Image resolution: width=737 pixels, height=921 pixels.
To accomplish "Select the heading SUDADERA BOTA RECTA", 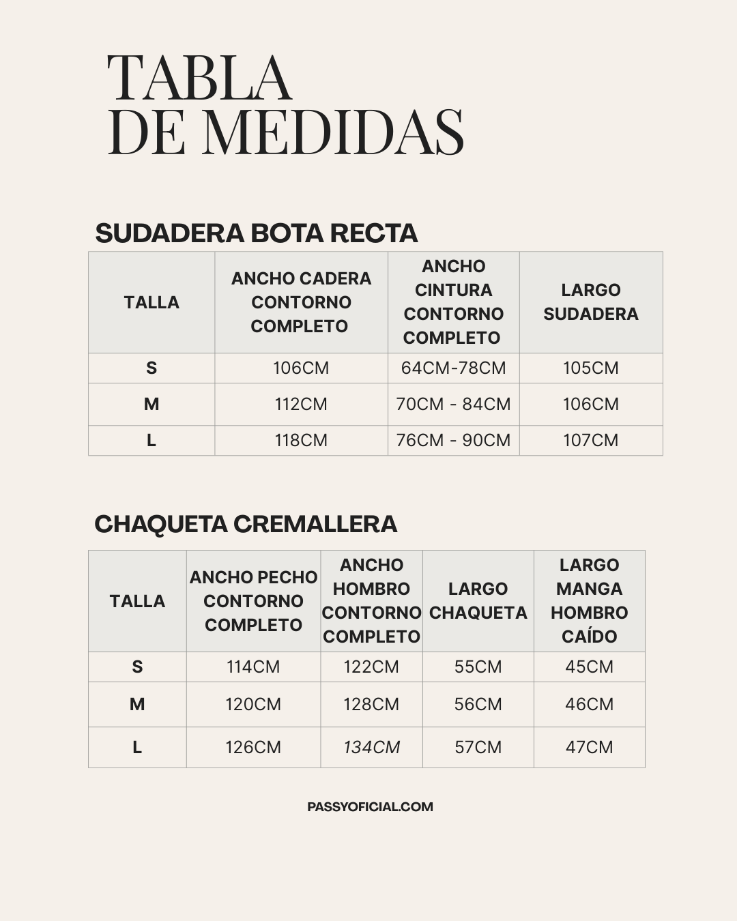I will (256, 233).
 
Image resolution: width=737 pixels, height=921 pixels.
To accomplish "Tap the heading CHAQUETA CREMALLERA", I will (246, 524).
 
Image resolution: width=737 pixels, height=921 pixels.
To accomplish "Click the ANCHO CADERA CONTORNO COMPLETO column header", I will (301, 302).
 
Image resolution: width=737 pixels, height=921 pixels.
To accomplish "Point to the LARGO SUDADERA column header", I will (591, 302).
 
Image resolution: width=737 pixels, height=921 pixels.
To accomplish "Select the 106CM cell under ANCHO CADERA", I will (301, 368).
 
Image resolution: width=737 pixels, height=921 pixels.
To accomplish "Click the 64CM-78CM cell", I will (453, 368).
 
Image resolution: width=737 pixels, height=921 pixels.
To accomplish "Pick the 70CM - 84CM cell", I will (453, 405).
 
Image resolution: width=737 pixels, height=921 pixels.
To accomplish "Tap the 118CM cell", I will (301, 441).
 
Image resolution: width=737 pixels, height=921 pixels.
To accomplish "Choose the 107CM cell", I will (591, 441).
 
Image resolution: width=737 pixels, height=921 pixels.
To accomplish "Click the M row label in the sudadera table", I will (151, 405).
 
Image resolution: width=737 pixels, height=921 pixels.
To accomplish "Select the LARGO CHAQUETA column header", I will (478, 601).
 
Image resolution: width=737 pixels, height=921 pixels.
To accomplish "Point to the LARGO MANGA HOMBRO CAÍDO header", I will (589, 601).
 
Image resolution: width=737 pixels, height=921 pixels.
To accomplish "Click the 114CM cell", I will (253, 667).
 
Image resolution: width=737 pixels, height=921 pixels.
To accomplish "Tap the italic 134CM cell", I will (371, 748).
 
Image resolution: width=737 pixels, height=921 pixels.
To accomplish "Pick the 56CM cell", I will (478, 705).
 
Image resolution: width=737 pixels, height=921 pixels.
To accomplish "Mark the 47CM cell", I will (589, 748).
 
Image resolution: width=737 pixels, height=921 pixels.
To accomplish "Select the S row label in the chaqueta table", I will (137, 667).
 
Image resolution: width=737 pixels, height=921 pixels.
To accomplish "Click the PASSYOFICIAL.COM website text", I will (370, 807).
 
